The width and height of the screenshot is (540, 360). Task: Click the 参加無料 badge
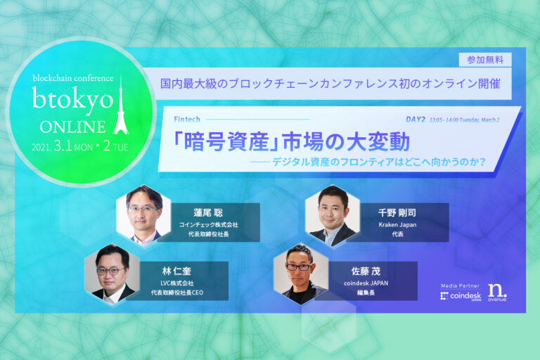point(484,60)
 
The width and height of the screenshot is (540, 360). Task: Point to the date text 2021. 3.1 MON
point(60,148)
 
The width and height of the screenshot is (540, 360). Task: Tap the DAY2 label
point(416,119)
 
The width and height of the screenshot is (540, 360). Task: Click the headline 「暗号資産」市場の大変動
point(291,143)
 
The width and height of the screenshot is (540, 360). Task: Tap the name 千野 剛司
point(398,211)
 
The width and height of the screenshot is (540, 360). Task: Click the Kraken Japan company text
point(397,224)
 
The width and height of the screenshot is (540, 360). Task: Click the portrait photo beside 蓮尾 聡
point(143,213)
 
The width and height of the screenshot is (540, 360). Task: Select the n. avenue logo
point(497,292)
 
